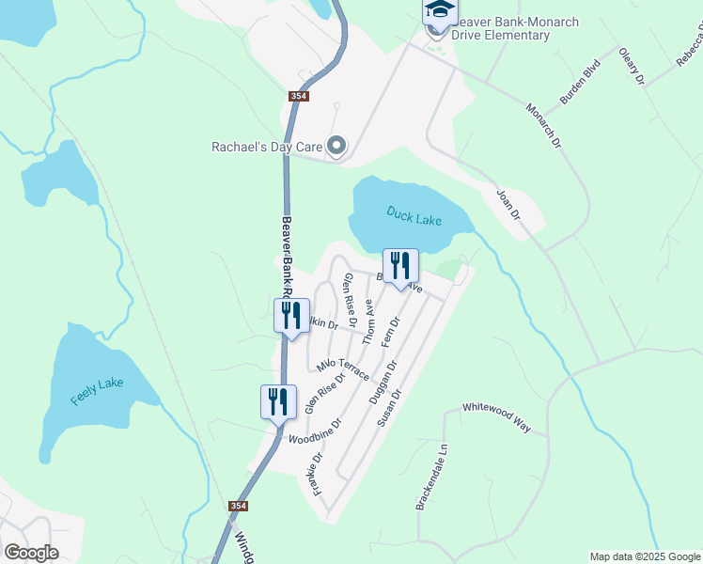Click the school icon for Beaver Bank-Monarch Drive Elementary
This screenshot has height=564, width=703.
click(438, 11)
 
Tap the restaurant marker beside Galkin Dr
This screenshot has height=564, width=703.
click(291, 316)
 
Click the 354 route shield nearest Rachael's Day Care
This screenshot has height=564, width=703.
click(298, 96)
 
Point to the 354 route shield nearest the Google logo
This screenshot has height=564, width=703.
click(239, 506)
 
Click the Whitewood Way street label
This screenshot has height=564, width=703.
click(496, 418)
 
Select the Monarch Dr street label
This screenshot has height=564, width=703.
click(543, 126)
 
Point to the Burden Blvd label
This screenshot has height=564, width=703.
click(580, 83)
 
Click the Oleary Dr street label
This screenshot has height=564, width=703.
click(632, 67)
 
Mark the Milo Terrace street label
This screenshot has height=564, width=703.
click(343, 368)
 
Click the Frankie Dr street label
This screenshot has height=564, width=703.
click(316, 475)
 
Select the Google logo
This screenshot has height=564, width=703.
click(31, 552)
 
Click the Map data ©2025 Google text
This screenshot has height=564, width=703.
click(645, 556)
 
